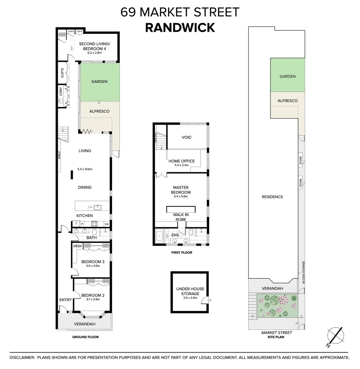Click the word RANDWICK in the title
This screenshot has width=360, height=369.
point(180,27)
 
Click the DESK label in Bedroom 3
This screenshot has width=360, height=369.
point(77,246)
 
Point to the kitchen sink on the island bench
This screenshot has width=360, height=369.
point(98,207)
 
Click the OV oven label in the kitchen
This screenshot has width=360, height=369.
point(106,224)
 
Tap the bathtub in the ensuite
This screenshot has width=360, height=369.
point(160,236)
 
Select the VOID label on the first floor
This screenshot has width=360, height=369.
point(186,137)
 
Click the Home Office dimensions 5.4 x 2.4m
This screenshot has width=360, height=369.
point(181,165)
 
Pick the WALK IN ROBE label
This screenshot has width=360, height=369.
point(181,217)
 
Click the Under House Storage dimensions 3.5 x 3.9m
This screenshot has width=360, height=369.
point(190,298)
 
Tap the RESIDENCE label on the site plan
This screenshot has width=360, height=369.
point(272,197)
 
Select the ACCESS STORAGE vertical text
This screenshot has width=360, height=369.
point(303,272)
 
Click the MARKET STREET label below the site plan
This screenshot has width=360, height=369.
point(276,332)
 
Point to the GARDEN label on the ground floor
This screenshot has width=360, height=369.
point(99,82)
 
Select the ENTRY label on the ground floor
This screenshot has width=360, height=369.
point(65,300)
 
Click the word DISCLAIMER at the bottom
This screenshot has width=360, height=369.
point(22,357)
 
